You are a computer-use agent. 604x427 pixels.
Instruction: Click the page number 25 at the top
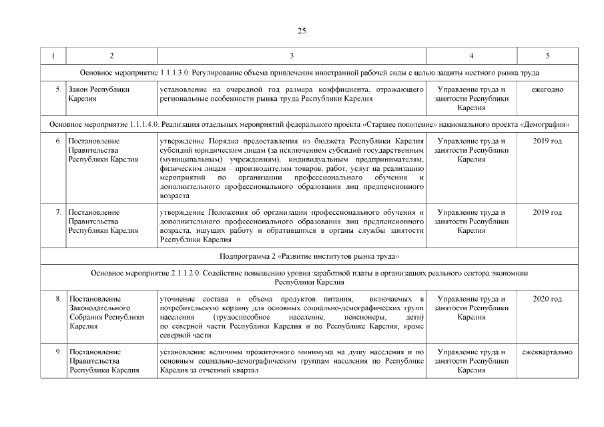click(301, 31)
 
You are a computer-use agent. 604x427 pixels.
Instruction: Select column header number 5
click(547, 55)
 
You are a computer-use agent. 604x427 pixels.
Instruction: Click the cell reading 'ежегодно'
click(547, 89)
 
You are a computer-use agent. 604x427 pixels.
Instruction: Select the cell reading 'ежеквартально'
click(547, 351)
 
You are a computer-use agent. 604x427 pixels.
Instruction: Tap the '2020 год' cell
click(547, 298)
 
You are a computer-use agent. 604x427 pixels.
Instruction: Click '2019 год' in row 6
click(547, 141)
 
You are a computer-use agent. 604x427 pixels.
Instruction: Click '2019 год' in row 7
click(547, 212)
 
